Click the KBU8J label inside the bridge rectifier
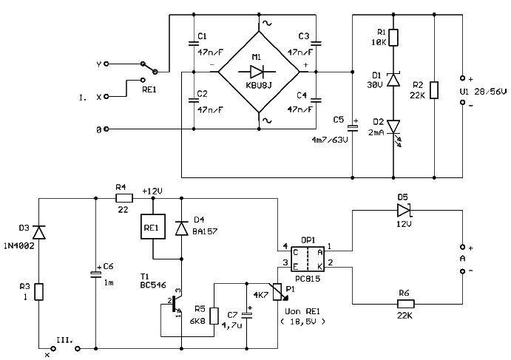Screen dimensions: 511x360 point(259,86)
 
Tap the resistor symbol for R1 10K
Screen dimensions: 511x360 point(393,38)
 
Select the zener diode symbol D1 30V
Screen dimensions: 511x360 point(393,80)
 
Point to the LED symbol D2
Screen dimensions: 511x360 point(393,126)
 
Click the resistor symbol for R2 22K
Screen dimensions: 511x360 point(434,90)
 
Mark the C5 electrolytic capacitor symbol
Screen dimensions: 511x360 point(352,128)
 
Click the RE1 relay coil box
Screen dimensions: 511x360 point(153,227)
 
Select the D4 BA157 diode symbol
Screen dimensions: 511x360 point(181,228)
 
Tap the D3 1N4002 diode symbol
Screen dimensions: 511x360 point(39,232)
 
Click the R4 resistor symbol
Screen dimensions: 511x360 point(124,198)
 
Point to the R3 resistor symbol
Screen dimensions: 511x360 point(39,292)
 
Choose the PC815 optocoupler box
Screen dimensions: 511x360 point(308,259)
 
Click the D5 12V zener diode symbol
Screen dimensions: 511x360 point(404,211)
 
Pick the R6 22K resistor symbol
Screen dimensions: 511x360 point(406,304)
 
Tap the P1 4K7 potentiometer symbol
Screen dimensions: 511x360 point(278,292)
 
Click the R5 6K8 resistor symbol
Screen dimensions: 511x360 point(214,316)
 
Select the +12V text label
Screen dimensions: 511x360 point(152,191)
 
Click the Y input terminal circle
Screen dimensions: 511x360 point(106,64)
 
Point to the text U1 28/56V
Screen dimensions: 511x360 point(484,92)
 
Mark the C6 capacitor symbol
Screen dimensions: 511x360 point(96,274)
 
